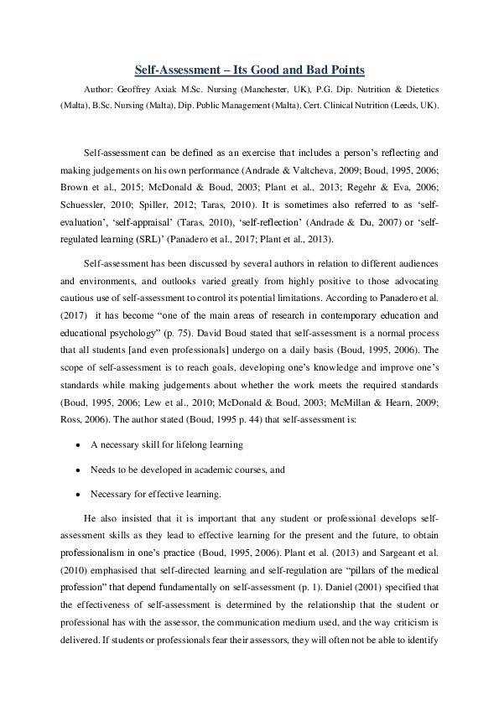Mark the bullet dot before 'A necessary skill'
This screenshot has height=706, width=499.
tap(78, 444)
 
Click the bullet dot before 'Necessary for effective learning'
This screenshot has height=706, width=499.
tap(78, 495)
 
